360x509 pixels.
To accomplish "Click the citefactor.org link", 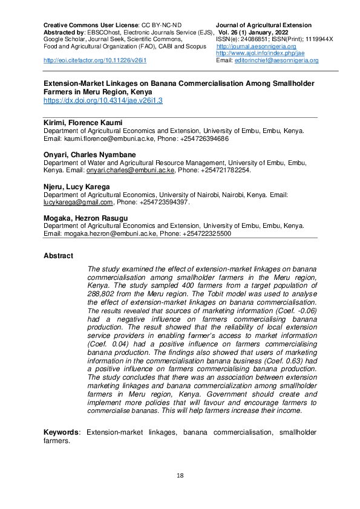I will click(x=94, y=60).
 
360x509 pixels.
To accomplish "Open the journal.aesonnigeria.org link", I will click(x=256, y=47).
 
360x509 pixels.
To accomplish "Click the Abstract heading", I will click(x=58, y=256).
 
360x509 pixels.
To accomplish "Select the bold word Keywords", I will click(x=62, y=432).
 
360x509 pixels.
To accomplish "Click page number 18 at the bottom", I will click(x=180, y=475).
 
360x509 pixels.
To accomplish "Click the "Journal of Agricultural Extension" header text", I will click(x=264, y=25).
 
